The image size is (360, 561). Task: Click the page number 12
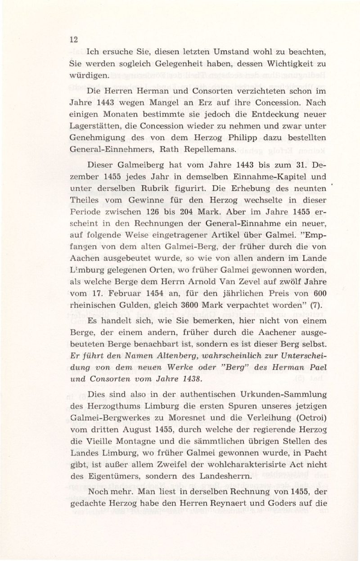pyautogui.click(x=74, y=39)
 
